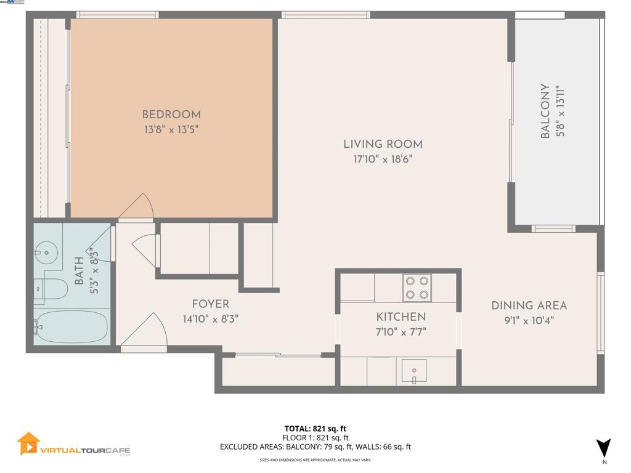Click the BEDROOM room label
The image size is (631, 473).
(x=171, y=115)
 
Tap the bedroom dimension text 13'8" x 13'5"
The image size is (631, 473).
(x=171, y=129)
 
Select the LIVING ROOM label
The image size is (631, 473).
(x=383, y=144)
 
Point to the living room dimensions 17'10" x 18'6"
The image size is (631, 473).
(x=383, y=159)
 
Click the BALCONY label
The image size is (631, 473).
(x=545, y=111)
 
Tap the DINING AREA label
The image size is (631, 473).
(x=529, y=305)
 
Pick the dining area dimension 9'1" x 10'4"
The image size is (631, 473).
(x=529, y=320)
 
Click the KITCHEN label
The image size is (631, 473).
(x=401, y=317)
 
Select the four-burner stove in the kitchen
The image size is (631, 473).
(x=417, y=288)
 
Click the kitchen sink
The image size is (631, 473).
(x=414, y=371)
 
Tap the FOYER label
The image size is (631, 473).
(x=210, y=304)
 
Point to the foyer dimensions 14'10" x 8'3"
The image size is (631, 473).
(x=210, y=319)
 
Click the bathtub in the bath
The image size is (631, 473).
(x=71, y=326)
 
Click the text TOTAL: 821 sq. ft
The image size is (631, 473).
(x=315, y=429)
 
